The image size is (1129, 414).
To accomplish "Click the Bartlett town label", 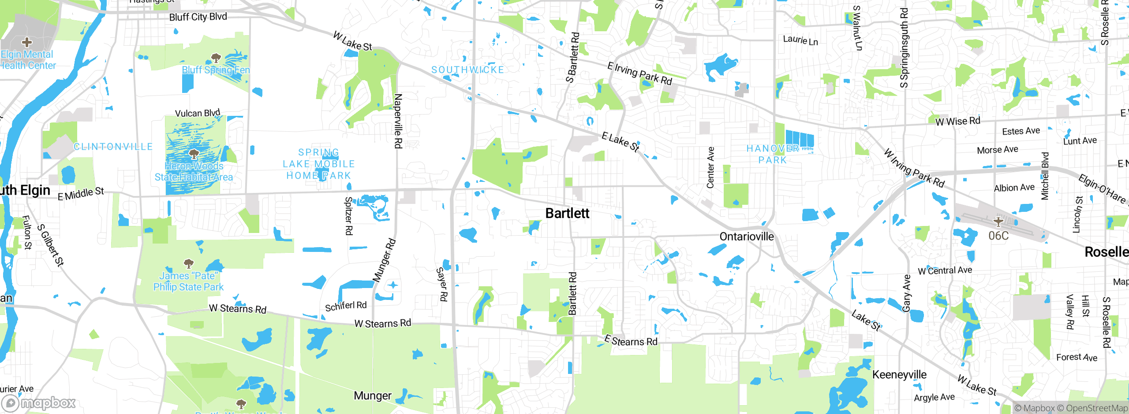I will coord(567,214).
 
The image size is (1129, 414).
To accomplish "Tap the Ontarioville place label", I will coord(746,237).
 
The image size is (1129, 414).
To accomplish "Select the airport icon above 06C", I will coord(998,221).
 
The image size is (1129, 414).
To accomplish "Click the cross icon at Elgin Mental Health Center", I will coord(27,42).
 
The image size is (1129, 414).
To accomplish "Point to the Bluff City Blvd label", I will coord(198,17).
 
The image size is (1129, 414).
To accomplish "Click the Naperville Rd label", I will coord(398,121).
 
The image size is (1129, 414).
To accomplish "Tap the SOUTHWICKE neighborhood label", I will coord(467,70).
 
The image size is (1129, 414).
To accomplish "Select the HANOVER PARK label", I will coord(773,155).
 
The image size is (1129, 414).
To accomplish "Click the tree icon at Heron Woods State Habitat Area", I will coord(194,154).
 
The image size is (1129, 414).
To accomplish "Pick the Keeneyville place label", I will coord(899,375).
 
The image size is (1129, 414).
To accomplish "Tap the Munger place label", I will coord(373,396).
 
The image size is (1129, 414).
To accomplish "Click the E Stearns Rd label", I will coord(631,341).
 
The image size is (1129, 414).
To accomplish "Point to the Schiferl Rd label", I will coord(346,306).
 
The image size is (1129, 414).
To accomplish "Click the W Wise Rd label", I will coord(957,121).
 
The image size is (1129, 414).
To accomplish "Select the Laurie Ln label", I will coord(800,40).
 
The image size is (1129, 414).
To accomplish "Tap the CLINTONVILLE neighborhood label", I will coord(113,147).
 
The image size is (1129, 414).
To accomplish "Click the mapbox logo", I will coord(39,403).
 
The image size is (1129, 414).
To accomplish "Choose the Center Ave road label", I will coord(710,167).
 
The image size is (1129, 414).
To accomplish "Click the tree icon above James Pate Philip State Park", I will coord(189,263).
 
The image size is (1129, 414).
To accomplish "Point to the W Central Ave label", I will coord(945,270).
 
